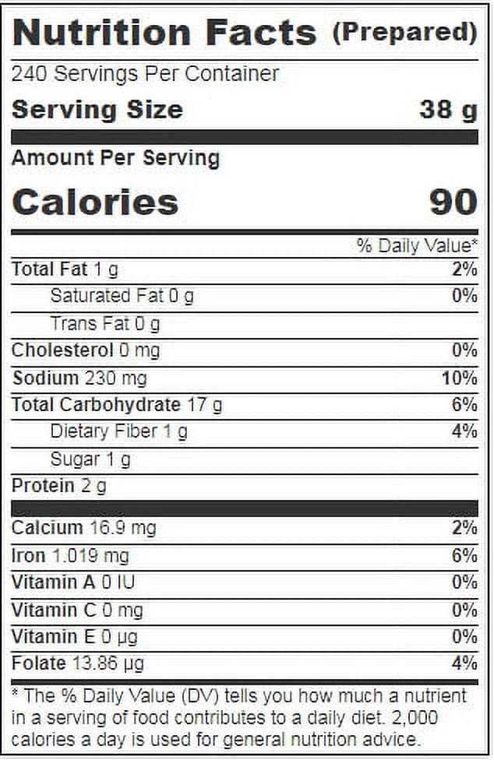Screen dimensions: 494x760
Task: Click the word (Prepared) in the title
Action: pyautogui.click(x=405, y=33)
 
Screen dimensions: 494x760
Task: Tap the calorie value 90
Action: pyautogui.click(x=453, y=202)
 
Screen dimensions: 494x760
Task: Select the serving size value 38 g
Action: pyautogui.click(x=449, y=111)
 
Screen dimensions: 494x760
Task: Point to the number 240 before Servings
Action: pyautogui.click(x=29, y=74)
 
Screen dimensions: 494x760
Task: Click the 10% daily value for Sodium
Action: pyautogui.click(x=460, y=378)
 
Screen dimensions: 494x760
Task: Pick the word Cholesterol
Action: pyautogui.click(x=62, y=350)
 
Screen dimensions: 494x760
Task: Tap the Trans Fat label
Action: pyautogui.click(x=90, y=323)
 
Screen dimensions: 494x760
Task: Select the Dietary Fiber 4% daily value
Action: pyautogui.click(x=464, y=431)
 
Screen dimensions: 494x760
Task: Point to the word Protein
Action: pyautogui.click(x=43, y=485)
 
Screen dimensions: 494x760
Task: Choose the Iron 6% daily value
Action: pyautogui.click(x=464, y=555)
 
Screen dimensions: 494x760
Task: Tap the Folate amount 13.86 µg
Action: pyautogui.click(x=108, y=663)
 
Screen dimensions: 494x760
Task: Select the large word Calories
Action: pyautogui.click(x=96, y=202)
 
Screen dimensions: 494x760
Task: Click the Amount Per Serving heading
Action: pyautogui.click(x=116, y=158)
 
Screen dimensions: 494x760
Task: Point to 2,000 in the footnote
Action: pyautogui.click(x=415, y=717)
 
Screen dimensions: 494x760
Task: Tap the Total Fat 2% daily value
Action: pyautogui.click(x=464, y=269)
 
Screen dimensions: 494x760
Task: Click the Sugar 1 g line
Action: pyautogui.click(x=90, y=459)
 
